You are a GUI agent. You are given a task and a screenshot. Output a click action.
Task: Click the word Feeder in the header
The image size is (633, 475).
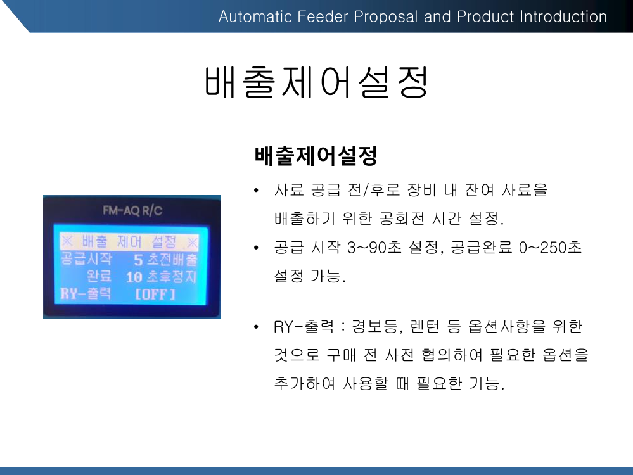coord(323,16)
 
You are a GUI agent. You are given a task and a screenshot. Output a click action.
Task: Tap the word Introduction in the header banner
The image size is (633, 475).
coord(563,16)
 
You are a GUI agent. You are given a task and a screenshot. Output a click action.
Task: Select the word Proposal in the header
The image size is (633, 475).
coord(385,16)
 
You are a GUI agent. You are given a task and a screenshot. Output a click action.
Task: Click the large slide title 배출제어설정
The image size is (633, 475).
coord(316,82)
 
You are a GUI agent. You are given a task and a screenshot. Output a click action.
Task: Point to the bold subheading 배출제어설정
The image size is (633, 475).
coord(316,156)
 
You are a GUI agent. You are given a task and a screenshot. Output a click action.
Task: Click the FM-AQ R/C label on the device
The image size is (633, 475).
coord(132,210)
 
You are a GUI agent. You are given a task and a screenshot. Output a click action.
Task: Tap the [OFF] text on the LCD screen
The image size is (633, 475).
coord(155,294)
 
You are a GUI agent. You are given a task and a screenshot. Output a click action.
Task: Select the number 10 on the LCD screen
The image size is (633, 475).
coord(134,277)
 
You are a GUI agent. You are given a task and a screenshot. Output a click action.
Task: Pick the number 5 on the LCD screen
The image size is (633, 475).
coord(139,260)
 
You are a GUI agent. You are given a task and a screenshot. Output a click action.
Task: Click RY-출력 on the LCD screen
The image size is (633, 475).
coord(86,293)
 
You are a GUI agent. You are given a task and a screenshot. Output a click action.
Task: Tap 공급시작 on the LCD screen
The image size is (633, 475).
coord(86,258)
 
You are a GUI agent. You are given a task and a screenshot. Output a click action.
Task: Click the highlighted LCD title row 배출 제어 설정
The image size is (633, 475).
coord(129,242)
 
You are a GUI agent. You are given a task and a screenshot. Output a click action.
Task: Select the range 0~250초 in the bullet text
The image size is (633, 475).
coord(550,248)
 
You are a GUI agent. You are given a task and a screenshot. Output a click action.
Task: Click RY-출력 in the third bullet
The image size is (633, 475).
coord(304,326)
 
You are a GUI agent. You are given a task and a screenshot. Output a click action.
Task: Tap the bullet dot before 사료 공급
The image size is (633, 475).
coord(256,190)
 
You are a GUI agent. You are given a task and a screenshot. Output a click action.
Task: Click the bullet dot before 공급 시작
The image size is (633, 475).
coord(256,248)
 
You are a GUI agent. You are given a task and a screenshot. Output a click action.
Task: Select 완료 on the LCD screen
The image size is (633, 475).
coord(99,275)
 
